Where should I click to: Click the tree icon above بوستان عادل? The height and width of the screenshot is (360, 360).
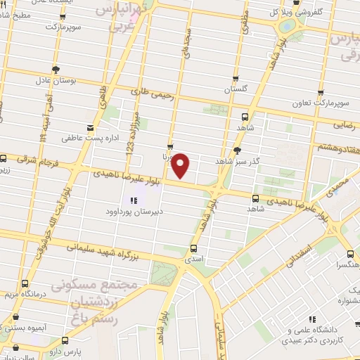(x=55, y=70)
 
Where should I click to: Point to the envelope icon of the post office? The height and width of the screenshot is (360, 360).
(x=91, y=127)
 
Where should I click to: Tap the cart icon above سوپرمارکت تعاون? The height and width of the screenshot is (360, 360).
(x=321, y=92)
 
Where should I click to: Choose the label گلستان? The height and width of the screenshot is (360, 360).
(x=236, y=91)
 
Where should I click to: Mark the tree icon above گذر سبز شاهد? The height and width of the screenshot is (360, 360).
(x=238, y=150)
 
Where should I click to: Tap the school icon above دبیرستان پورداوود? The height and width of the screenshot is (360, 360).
(x=133, y=200)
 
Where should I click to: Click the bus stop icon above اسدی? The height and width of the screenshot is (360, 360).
(x=194, y=248)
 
